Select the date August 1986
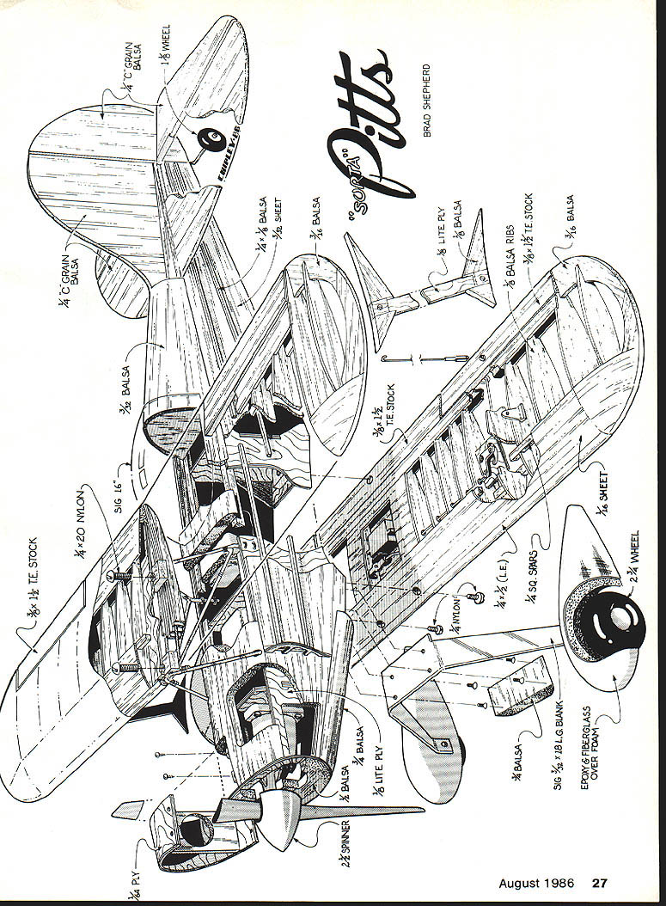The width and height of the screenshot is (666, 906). [538, 883]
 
